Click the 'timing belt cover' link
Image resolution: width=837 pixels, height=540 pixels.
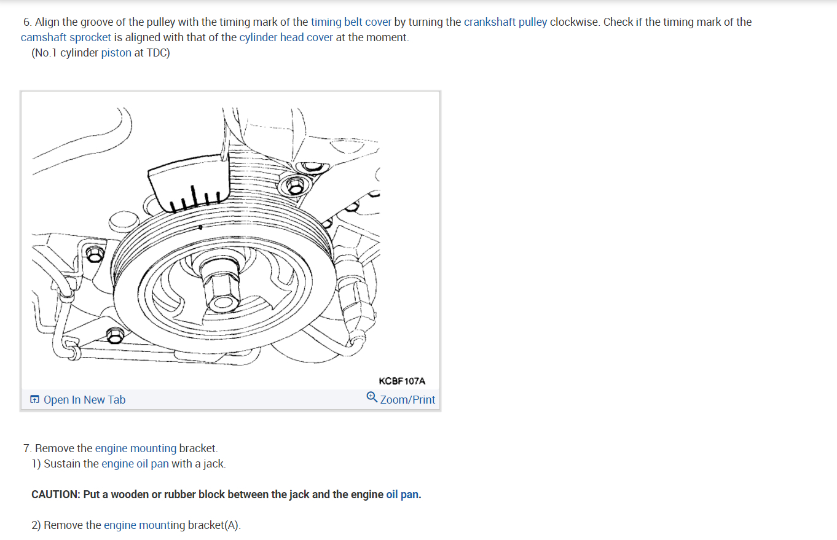[x=351, y=22]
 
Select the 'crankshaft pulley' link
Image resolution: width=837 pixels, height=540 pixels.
[x=505, y=22]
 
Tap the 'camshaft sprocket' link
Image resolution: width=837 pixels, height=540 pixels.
[x=66, y=37]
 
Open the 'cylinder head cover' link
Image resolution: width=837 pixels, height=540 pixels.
[x=286, y=37]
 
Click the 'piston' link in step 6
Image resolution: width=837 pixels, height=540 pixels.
[x=116, y=53]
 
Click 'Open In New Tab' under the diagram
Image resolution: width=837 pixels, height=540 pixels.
[x=84, y=400]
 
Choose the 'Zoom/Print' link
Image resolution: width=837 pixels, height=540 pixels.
[x=407, y=400]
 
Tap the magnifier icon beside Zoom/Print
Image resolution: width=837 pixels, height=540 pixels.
[x=372, y=397]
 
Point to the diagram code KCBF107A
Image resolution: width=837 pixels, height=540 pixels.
[x=402, y=382]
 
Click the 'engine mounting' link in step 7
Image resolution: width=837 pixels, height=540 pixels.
[x=135, y=448]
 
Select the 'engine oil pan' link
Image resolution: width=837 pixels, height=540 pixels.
[x=135, y=464]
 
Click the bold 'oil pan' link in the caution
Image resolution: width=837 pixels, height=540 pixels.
[x=402, y=495]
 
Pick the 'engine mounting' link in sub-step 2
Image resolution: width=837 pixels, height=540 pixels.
[x=144, y=525]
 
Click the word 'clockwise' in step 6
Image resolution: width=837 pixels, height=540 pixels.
[x=575, y=22]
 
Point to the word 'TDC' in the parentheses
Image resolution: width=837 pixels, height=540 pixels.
[x=157, y=53]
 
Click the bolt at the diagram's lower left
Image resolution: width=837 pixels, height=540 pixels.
[x=114, y=335]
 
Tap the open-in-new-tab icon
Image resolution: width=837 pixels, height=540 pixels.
[x=35, y=400]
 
